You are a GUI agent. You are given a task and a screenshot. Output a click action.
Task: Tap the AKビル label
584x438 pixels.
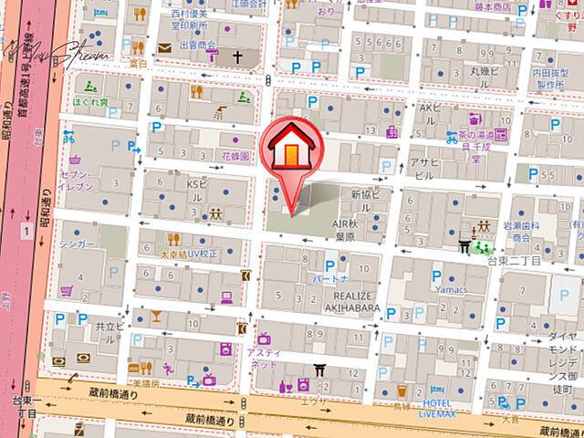point(430,108)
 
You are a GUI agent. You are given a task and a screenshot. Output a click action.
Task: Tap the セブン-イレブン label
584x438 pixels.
point(77,180)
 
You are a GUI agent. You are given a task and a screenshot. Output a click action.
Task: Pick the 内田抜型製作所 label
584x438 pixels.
point(553,77)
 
